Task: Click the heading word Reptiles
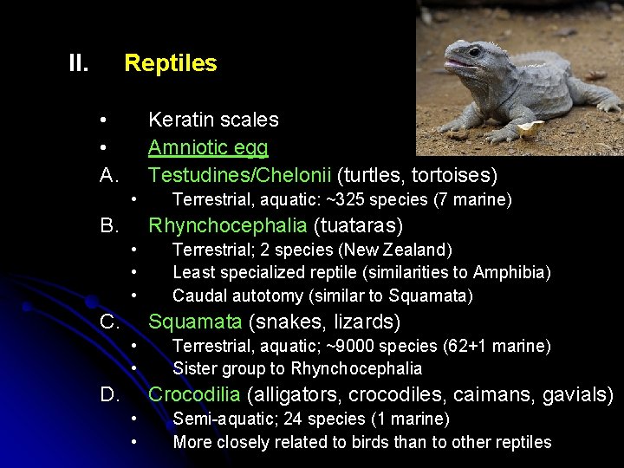click(x=171, y=63)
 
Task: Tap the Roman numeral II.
click(x=79, y=63)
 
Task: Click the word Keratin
click(x=181, y=120)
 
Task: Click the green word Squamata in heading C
click(x=195, y=322)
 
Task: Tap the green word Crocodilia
click(x=195, y=395)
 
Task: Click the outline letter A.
click(x=109, y=176)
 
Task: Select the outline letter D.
click(x=109, y=396)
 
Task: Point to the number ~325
click(x=353, y=200)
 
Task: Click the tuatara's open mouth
click(x=458, y=64)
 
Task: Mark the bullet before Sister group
click(x=135, y=368)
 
